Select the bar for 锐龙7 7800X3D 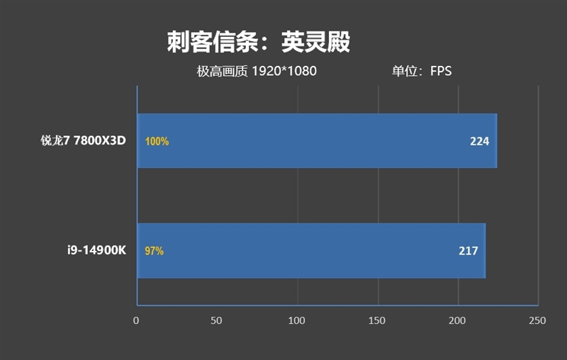point(316,140)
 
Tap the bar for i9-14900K point(310,250)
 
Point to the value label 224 point(479,141)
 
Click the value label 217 point(468,251)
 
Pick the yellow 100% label point(157,141)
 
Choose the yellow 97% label point(154,251)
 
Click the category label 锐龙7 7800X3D point(83,140)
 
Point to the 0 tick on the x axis point(136,320)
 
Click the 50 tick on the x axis point(216,320)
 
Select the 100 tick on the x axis point(297,320)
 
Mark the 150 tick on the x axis point(377,320)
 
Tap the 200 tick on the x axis point(458,320)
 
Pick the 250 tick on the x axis point(538,320)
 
